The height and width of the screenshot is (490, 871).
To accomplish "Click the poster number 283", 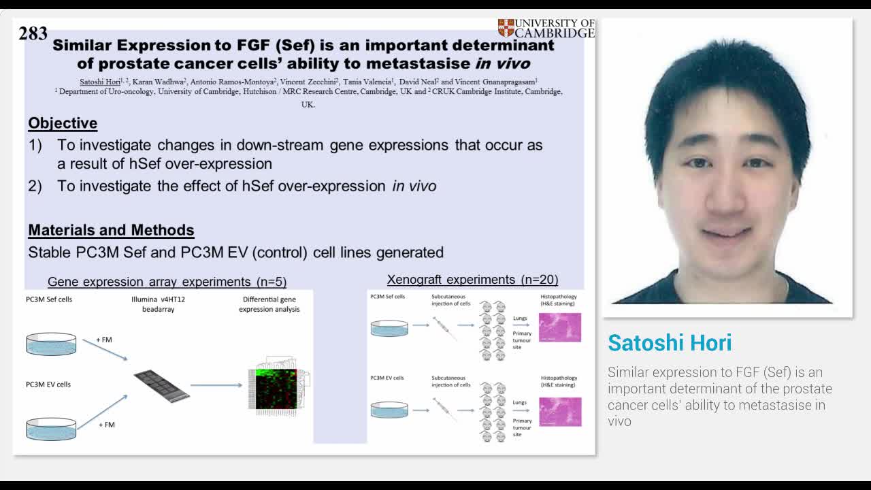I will [33, 33].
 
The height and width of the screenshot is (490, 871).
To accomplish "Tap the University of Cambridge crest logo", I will [506, 28].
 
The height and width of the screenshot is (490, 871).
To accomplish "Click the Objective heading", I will [63, 123].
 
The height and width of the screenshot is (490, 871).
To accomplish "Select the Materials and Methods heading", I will [111, 230].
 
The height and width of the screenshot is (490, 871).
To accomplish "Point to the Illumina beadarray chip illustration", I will [161, 385].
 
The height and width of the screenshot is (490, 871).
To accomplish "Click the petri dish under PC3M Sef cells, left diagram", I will [51, 344].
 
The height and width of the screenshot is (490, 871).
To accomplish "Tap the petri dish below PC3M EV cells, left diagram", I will [51, 429].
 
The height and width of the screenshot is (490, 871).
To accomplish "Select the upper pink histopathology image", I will [560, 327].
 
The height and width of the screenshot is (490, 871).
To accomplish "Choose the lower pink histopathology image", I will [560, 412].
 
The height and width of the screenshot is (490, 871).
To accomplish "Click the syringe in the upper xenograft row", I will [444, 328].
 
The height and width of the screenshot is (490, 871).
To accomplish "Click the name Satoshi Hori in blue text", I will [670, 343].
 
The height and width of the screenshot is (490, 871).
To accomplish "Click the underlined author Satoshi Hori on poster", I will [100, 82].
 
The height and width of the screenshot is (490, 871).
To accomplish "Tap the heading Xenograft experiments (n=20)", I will [472, 280].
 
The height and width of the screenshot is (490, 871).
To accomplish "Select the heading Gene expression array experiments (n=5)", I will [167, 282].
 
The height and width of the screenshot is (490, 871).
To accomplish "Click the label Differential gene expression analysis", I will [269, 304].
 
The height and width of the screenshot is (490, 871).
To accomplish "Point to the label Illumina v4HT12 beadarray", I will [158, 304].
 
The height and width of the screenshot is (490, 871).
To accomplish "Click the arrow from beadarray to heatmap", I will [216, 385].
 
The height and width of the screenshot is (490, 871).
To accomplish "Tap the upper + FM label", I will [104, 340].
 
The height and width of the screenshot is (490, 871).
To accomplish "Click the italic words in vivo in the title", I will [502, 64].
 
